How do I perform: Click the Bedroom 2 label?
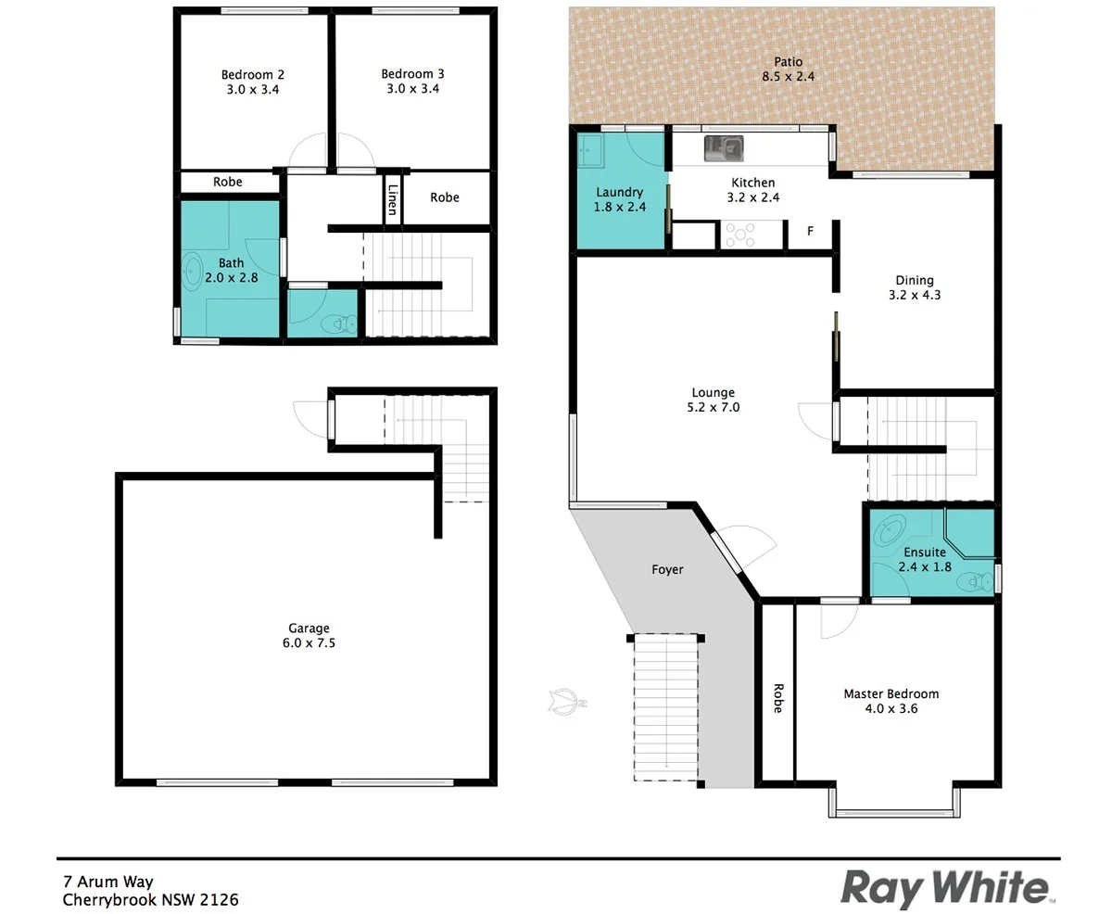click(x=252, y=74)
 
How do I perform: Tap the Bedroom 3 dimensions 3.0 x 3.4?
click(x=412, y=90)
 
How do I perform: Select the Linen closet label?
click(x=393, y=199)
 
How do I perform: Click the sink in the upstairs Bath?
click(x=193, y=271)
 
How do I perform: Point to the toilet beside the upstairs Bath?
click(x=339, y=324)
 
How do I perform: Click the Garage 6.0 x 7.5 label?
click(x=308, y=635)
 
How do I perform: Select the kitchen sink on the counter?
click(x=723, y=147)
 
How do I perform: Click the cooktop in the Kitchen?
click(x=739, y=235)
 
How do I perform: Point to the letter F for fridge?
click(x=810, y=231)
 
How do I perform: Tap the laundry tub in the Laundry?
click(x=591, y=149)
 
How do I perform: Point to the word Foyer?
click(x=667, y=569)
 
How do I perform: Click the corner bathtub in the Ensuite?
click(x=889, y=531)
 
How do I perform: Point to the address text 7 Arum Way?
click(x=107, y=882)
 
